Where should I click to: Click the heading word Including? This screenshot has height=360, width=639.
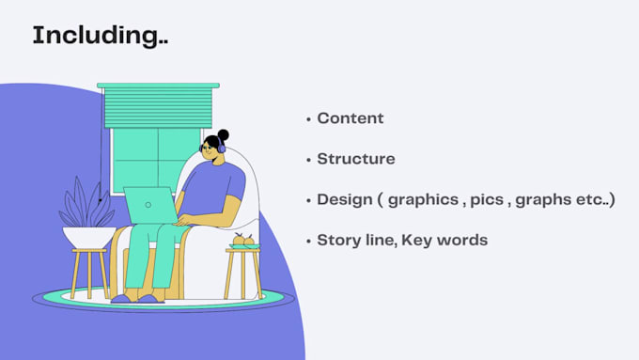pos(101,36)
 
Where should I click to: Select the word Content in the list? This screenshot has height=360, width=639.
pos(351,118)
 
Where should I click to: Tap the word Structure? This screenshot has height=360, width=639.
pos(356,159)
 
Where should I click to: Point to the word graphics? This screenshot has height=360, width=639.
pos(423,200)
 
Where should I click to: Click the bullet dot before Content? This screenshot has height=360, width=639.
pos(308,119)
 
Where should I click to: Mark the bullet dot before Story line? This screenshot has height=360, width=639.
pos(308,242)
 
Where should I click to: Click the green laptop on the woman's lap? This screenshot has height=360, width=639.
pos(150,205)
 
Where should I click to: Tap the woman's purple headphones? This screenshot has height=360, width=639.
pos(221,146)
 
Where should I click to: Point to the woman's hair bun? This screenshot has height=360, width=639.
pos(223,135)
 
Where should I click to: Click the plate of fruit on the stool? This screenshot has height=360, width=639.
pos(244,242)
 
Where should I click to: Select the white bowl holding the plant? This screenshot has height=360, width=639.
pos(89,237)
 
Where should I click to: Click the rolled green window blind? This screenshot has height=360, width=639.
pos(158,105)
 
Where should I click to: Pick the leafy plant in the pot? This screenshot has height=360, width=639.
pos(86,203)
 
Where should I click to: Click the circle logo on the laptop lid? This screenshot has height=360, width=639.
pos(148,205)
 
